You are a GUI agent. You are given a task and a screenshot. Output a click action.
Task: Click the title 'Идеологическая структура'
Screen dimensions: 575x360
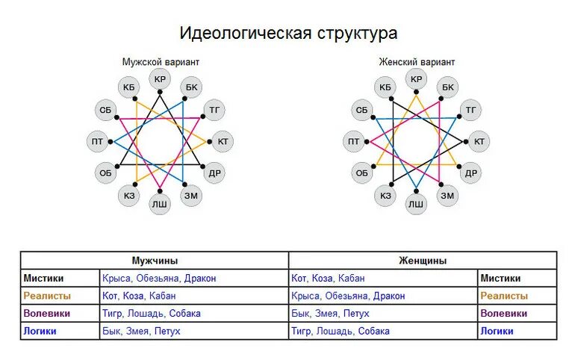pyautogui.click(x=287, y=34)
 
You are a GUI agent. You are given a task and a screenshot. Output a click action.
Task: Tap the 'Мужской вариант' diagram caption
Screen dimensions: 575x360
pyautogui.click(x=161, y=62)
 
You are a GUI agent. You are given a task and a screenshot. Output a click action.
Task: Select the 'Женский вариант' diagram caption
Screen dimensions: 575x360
pyautogui.click(x=417, y=62)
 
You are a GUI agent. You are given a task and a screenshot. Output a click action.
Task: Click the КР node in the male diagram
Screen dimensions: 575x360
pyautogui.click(x=160, y=79)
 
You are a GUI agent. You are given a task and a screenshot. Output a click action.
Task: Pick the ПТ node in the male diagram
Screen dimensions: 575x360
pyautogui.click(x=98, y=141)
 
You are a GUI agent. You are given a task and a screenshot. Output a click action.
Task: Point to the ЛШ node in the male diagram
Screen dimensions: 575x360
pyautogui.click(x=160, y=203)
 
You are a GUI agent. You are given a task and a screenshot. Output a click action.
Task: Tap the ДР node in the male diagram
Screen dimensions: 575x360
pyautogui.click(x=214, y=173)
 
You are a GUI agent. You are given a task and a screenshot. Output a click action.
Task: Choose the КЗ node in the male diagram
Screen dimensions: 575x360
pyautogui.click(x=129, y=196)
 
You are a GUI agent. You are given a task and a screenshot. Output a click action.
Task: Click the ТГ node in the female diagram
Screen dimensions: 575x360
pyautogui.click(x=470, y=111)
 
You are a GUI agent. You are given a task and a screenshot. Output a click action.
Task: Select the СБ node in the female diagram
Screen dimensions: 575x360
pyautogui.click(x=362, y=111)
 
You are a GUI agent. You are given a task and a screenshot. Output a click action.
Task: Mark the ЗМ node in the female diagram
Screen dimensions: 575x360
pyautogui.click(x=447, y=196)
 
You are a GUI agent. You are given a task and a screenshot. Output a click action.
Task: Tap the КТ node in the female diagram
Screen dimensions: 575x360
pyautogui.click(x=479, y=141)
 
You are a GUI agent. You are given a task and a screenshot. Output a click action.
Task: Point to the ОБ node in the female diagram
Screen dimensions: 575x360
pyautogui.click(x=362, y=173)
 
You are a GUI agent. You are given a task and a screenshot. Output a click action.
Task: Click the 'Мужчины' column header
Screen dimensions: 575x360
pyautogui.click(x=155, y=261)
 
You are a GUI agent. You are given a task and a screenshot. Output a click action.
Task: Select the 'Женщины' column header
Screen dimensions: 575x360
pyautogui.click(x=423, y=261)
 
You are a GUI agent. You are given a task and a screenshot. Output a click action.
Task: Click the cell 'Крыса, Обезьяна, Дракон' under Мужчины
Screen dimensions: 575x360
pyautogui.click(x=159, y=279)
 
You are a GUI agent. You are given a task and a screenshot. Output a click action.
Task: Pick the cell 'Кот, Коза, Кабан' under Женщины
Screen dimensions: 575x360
pyautogui.click(x=329, y=279)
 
